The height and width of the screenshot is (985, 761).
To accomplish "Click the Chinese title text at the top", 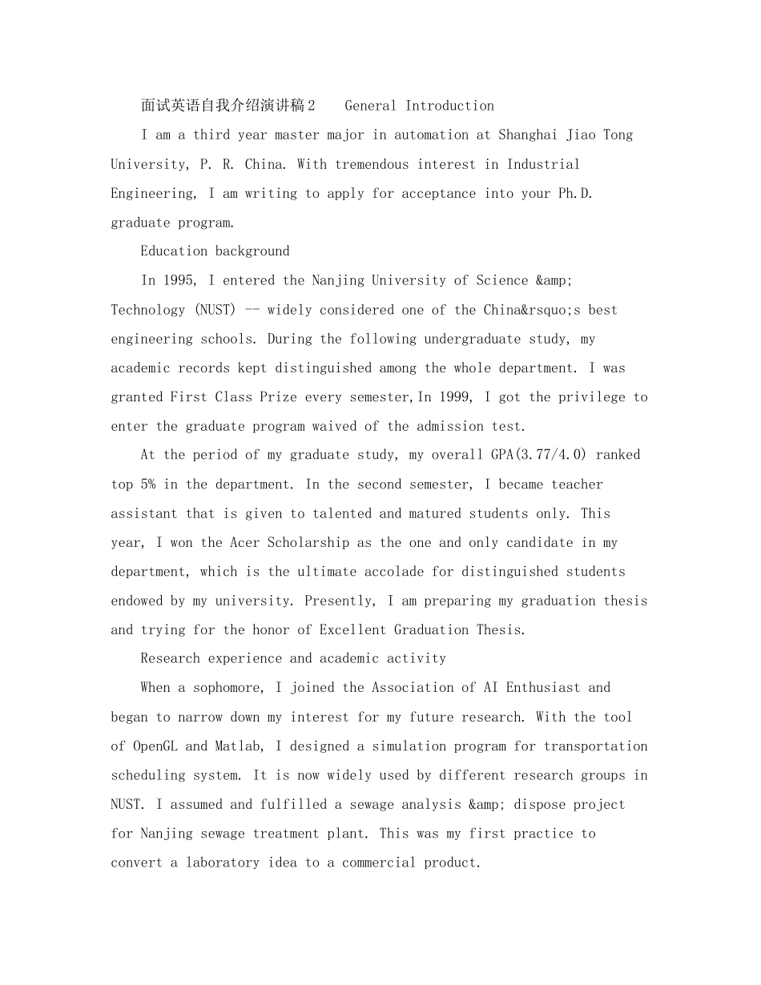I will [228, 106].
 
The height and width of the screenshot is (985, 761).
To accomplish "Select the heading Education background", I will [215, 251].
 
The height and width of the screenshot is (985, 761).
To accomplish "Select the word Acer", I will [245, 543].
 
